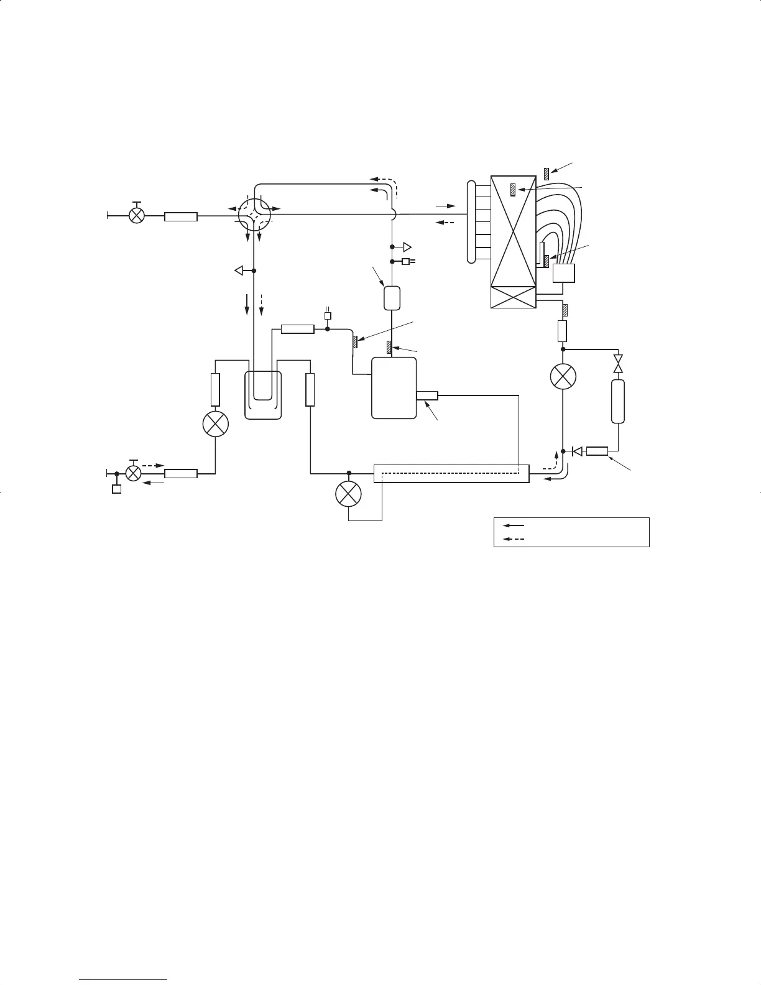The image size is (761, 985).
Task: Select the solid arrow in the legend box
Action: pyautogui.click(x=514, y=525)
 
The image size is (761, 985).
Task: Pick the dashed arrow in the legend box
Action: pyautogui.click(x=514, y=539)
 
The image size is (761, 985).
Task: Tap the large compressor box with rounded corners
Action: pyautogui.click(x=394, y=388)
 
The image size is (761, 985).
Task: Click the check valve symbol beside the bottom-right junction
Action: pyautogui.click(x=576, y=451)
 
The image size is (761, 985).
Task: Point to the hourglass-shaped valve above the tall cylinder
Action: pyautogui.click(x=617, y=364)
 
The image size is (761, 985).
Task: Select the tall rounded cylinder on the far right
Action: pyautogui.click(x=617, y=402)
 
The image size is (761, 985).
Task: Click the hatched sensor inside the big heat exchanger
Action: pyautogui.click(x=513, y=190)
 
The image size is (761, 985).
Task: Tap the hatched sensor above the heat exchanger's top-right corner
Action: pyautogui.click(x=546, y=174)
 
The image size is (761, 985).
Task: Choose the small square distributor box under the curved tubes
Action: pyautogui.click(x=563, y=274)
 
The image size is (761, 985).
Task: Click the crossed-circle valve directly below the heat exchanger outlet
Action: pyautogui.click(x=563, y=377)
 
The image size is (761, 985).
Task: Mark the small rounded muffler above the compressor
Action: pyautogui.click(x=391, y=298)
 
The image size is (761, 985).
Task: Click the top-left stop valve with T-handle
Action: pyautogui.click(x=136, y=215)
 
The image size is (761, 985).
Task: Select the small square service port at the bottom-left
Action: pyautogui.click(x=116, y=489)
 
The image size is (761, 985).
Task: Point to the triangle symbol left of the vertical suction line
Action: pyautogui.click(x=238, y=271)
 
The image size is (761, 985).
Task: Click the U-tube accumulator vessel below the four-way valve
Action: pyautogui.click(x=263, y=395)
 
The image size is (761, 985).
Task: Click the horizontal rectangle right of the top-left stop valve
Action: pyautogui.click(x=181, y=217)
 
